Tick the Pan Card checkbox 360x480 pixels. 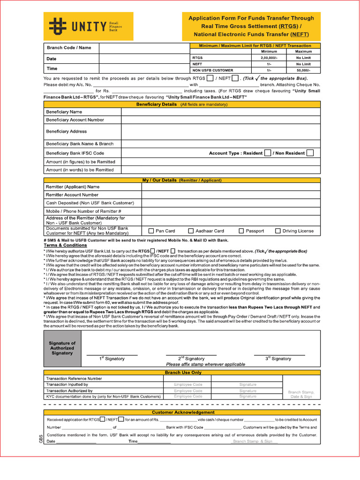(151, 231)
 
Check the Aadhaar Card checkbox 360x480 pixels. (191, 231)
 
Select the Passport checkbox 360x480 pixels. (241, 231)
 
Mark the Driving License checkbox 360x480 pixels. (278, 231)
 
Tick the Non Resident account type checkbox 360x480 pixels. (310, 153)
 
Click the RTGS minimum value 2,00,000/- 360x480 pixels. (269, 58)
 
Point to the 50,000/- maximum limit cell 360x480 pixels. (303, 70)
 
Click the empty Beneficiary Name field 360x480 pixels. (220, 112)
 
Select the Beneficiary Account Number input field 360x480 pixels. (220, 120)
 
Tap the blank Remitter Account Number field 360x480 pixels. (231, 195)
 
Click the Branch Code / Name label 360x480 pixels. (69, 48)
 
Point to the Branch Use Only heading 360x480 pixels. (183, 372)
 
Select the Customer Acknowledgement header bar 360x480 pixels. (183, 412)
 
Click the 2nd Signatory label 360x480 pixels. (192, 359)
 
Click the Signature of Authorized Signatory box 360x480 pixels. (62, 348)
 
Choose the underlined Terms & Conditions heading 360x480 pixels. (65, 245)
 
